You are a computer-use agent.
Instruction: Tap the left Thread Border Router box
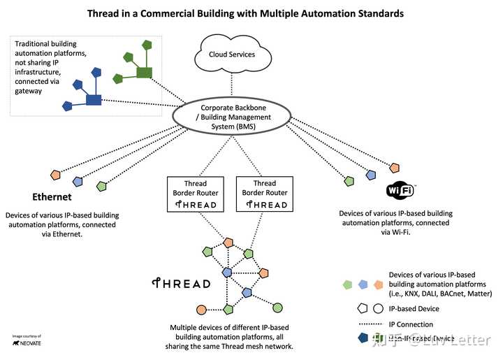click(x=196, y=194)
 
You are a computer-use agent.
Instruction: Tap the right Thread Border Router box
click(x=264, y=194)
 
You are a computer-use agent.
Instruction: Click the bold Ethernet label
click(x=52, y=196)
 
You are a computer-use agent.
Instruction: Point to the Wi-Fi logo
click(x=400, y=190)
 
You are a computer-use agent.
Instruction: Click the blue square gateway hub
click(x=94, y=99)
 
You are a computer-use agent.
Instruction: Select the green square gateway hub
click(x=145, y=72)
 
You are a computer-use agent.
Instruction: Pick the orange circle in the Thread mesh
click(x=201, y=309)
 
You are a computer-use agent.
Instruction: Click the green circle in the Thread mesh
click(x=277, y=307)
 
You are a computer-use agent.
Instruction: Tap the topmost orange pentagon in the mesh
click(x=228, y=243)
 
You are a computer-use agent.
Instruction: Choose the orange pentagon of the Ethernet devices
click(x=54, y=174)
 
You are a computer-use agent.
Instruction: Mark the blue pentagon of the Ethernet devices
click(x=78, y=180)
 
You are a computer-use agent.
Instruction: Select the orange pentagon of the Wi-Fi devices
click(x=395, y=168)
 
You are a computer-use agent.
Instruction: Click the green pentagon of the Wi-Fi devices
click(x=349, y=181)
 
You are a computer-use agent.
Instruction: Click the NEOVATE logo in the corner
click(x=25, y=343)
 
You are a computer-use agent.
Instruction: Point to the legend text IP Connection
click(x=411, y=324)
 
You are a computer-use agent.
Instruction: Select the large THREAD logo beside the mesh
click(x=182, y=284)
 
